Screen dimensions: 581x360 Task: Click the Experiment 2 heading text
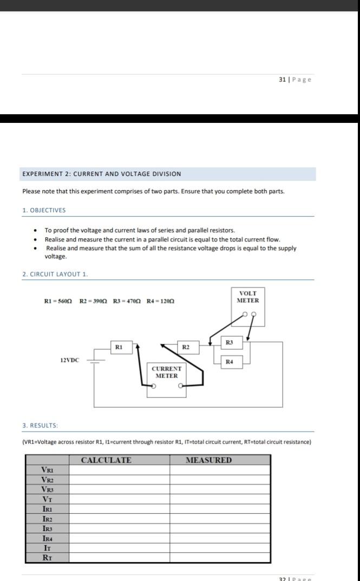coord(102,174)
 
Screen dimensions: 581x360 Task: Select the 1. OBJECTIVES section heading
coord(44,210)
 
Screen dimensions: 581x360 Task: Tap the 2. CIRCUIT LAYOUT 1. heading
coord(55,274)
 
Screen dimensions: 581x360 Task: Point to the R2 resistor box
coord(185,345)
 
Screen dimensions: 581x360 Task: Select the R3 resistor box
coord(230,342)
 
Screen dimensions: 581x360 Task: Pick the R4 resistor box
coord(230,361)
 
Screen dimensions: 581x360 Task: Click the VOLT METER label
coord(248,297)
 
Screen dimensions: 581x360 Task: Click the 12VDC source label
coord(69,360)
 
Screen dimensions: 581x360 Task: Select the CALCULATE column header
coord(106,460)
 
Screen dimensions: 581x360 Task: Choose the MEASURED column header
coord(208,460)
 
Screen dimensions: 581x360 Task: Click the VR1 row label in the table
coord(48,470)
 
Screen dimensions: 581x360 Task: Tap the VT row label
coord(48,499)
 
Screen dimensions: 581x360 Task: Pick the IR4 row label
coord(48,538)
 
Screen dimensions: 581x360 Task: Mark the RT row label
coord(48,558)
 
